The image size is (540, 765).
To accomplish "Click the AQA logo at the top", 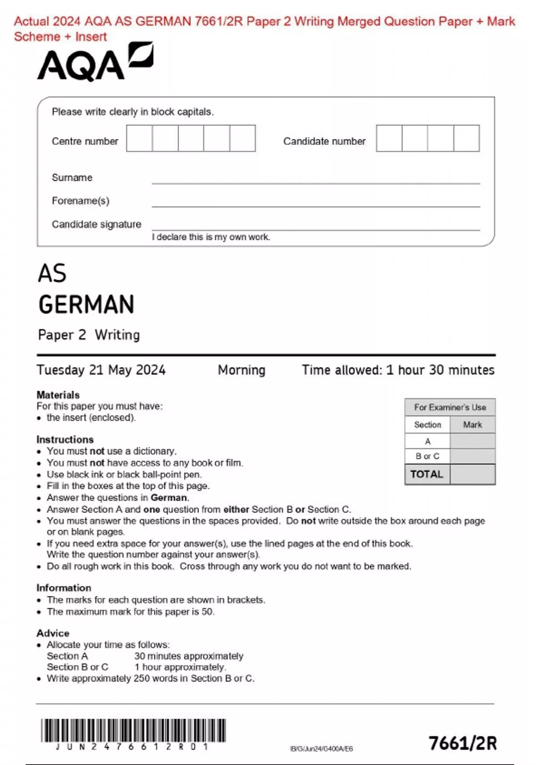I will [x=95, y=63].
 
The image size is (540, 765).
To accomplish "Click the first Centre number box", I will [x=139, y=139].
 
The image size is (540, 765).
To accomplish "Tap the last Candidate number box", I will [x=466, y=139].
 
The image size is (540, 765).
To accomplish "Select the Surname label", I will [x=72, y=178].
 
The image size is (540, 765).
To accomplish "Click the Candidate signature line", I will [x=315, y=227].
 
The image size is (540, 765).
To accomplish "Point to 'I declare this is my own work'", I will [x=211, y=237].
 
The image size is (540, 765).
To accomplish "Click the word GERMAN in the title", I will [x=86, y=305].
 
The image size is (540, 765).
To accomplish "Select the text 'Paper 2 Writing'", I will [x=89, y=335].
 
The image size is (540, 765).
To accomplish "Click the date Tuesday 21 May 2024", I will [x=101, y=370].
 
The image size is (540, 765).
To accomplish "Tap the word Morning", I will [x=242, y=370].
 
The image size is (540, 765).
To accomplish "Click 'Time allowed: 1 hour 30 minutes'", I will [x=398, y=370].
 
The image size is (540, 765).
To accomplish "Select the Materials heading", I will [x=58, y=395].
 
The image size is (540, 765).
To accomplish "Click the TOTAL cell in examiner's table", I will [x=427, y=474].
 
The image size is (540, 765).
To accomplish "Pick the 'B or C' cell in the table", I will [x=427, y=456].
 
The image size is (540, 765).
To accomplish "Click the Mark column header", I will [x=472, y=425].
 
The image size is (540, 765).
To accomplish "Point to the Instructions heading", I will [x=65, y=440].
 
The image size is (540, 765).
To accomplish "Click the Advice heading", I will [x=53, y=633].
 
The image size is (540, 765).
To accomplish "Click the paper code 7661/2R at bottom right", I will [x=463, y=743].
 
